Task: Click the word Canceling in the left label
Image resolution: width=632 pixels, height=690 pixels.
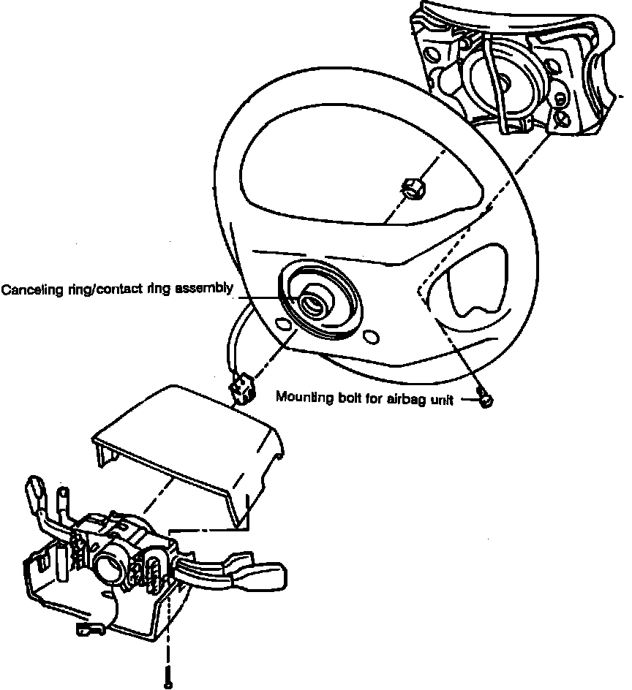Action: click(28, 289)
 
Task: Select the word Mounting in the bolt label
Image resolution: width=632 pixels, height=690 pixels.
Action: click(301, 398)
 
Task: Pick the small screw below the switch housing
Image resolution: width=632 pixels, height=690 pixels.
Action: click(169, 683)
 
